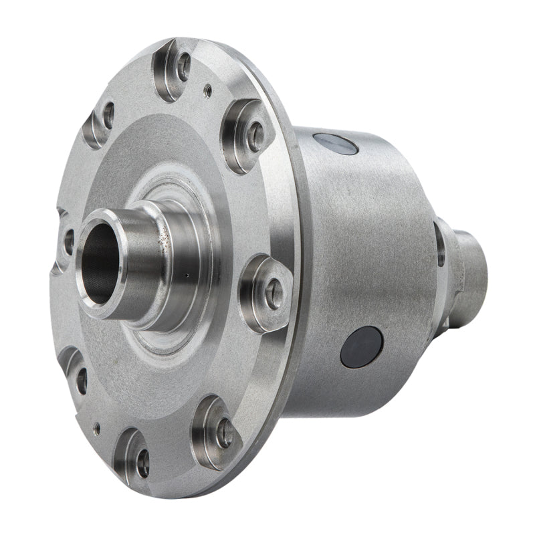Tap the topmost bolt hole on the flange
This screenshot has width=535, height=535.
click(182, 66)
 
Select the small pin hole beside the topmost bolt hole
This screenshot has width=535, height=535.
click(208, 86)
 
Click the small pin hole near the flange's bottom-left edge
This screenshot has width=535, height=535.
click(98, 426)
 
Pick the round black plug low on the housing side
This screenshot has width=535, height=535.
click(361, 347)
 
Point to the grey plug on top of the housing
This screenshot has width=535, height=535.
click(335, 143)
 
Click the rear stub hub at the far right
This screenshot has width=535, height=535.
click(471, 261)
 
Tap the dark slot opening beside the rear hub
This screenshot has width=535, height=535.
click(439, 244)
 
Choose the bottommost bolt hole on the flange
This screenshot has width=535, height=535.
click(142, 462)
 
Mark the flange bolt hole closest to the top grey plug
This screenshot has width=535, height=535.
click(255, 136)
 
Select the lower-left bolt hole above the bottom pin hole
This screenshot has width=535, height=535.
click(81, 380)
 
